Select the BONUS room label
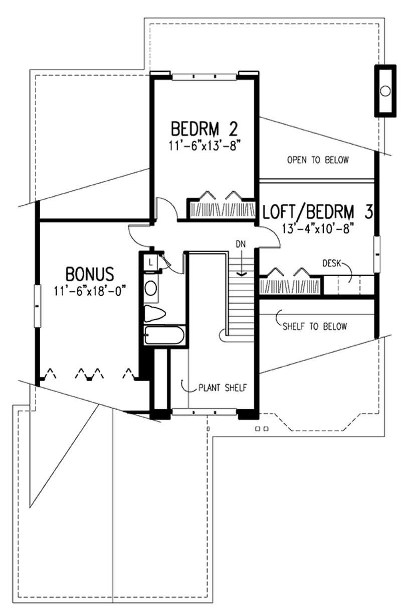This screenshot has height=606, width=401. (x=90, y=274)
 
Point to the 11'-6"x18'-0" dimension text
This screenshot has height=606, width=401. (x=90, y=291)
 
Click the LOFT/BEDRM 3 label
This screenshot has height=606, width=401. (x=318, y=211)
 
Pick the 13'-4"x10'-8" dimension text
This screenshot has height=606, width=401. (x=318, y=228)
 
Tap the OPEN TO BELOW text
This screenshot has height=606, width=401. (x=318, y=160)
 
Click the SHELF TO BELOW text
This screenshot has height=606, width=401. (x=315, y=326)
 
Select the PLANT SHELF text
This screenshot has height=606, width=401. (x=223, y=388)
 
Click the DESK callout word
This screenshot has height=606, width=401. (x=332, y=263)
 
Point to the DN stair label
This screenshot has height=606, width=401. (x=241, y=244)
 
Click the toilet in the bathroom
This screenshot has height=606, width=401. (x=154, y=314)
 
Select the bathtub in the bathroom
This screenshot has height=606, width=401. (x=164, y=335)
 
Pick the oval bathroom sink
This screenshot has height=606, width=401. (x=151, y=288)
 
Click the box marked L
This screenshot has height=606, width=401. (x=150, y=262)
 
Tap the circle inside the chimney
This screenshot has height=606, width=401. (x=385, y=91)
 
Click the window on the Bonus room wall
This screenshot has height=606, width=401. (x=37, y=306)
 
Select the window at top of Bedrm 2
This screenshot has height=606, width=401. (x=205, y=77)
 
